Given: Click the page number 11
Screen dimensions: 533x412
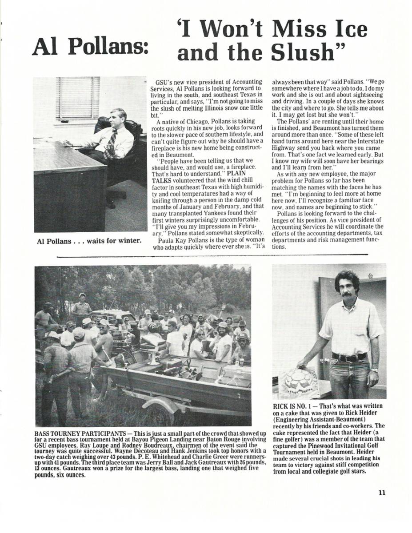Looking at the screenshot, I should tap(382, 492).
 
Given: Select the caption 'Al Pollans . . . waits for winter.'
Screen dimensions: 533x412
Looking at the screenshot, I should tap(89, 241).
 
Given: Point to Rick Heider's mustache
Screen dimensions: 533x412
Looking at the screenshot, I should tap(347, 293).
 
